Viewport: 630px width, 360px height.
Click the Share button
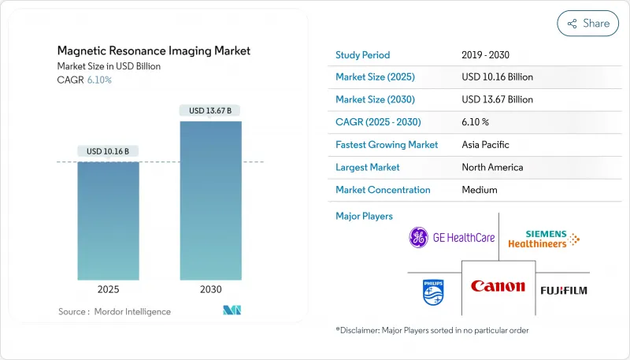pyautogui.click(x=587, y=24)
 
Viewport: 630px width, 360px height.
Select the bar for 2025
pyautogui.click(x=109, y=221)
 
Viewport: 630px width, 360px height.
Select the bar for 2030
pyautogui.click(x=210, y=200)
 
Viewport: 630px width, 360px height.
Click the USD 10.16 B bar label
pyautogui.click(x=109, y=151)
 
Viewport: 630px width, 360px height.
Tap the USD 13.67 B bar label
pyautogui.click(x=210, y=111)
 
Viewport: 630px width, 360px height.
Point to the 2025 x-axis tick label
pyautogui.click(x=109, y=289)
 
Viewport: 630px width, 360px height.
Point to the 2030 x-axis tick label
pyautogui.click(x=210, y=289)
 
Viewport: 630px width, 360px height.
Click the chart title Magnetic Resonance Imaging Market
pyautogui.click(x=154, y=50)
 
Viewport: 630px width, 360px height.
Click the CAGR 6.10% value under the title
pyautogui.click(x=98, y=80)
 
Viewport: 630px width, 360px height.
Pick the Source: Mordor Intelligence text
pyautogui.click(x=114, y=312)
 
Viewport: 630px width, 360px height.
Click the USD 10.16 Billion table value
pyautogui.click(x=498, y=77)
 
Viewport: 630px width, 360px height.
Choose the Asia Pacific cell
pyautogui.click(x=486, y=145)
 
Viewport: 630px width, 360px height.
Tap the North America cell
pyautogui.click(x=492, y=167)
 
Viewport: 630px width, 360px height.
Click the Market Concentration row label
pyautogui.click(x=383, y=190)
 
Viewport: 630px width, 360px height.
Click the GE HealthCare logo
pyautogui.click(x=452, y=237)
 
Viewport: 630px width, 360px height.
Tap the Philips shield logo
pyautogui.click(x=432, y=291)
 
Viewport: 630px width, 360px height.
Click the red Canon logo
pyautogui.click(x=498, y=287)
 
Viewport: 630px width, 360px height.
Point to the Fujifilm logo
pyautogui.click(x=563, y=290)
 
